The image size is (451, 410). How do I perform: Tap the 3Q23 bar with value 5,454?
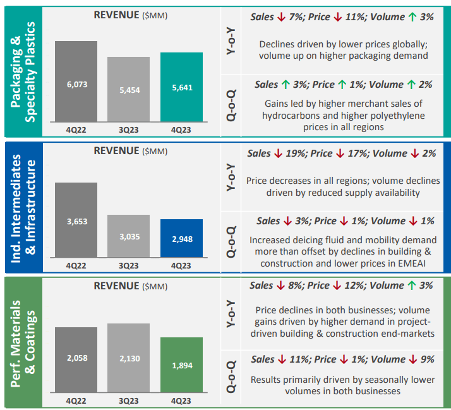tap(128, 89)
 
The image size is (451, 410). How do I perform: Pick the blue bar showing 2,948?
tap(181, 238)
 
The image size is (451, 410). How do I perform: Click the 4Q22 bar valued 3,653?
tap(76, 220)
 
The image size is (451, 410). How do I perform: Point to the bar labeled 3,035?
tap(128, 236)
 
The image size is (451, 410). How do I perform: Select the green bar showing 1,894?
tap(181, 366)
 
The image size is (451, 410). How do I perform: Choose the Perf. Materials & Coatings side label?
tap(23, 342)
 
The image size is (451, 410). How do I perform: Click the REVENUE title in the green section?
tap(116, 286)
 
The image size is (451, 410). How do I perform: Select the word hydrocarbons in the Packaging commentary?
tap(291, 116)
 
